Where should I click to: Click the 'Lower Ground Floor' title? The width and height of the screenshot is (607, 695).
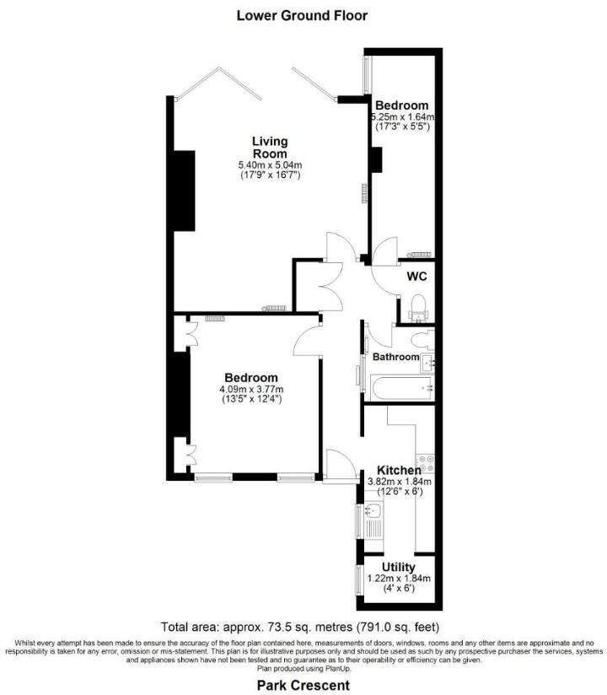pos(302,15)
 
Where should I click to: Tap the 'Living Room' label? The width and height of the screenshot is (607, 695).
pos(270,147)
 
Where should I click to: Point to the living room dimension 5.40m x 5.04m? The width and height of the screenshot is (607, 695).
pos(270,165)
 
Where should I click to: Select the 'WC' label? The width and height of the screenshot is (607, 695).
pos(416,276)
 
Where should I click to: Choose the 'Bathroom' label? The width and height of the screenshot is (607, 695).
pos(396,357)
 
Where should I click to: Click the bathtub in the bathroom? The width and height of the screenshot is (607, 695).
pos(399,389)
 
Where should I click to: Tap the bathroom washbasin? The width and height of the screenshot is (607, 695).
pos(427,363)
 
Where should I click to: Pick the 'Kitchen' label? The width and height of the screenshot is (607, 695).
pos(399,470)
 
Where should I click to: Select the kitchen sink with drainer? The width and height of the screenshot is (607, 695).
pos(373,519)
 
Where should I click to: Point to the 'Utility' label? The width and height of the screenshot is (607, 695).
pos(398,567)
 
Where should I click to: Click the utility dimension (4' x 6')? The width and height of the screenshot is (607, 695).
pos(398,589)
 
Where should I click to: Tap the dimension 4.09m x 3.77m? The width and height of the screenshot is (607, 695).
pos(251,389)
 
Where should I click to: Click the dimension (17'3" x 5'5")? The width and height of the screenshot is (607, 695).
pos(403,127)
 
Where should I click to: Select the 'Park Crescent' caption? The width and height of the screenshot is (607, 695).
pos(302,686)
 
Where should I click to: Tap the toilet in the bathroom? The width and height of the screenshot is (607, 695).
pos(422,339)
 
